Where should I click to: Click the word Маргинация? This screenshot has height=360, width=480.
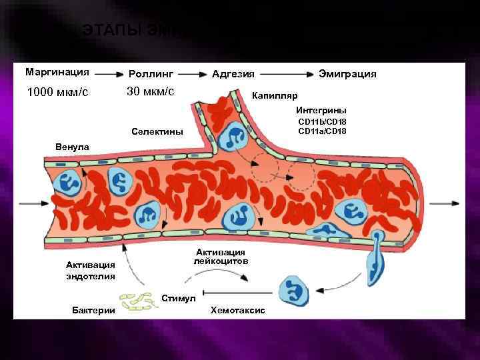coord(57,71)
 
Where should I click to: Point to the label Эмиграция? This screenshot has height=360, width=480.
coord(347,73)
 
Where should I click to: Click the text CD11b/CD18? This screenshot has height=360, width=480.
coord(322,122)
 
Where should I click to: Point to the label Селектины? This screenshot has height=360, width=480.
coord(158,131)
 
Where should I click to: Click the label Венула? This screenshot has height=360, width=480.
coord(69,144)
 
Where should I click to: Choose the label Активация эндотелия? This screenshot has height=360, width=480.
coord(91,271)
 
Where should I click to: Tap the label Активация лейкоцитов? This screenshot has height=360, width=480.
coord(221,257)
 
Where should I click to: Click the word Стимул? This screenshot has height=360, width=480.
coord(178,297)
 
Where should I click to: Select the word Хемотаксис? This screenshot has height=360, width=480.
coord(237,311)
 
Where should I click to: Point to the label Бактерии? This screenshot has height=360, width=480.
coord(93,311)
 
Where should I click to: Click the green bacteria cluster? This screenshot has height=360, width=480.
coord(143,302)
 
